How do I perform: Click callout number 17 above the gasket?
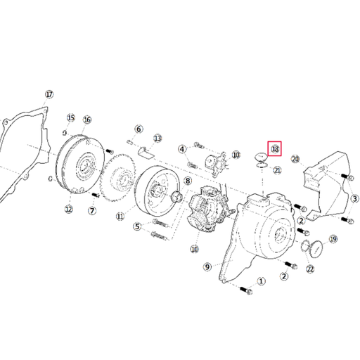pos(49,94)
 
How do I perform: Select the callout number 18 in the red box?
pos(276,148)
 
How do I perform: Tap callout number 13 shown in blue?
pos(157,139)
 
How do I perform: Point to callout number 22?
pos(310,269)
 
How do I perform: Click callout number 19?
pos(333,239)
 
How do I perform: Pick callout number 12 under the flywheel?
pos(69,209)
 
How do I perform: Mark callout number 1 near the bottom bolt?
pos(262,281)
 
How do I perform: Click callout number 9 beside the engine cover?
pos(207,266)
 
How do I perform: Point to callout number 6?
pos(139,129)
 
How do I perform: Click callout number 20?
pos(295,159)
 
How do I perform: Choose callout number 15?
pos(70,117)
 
